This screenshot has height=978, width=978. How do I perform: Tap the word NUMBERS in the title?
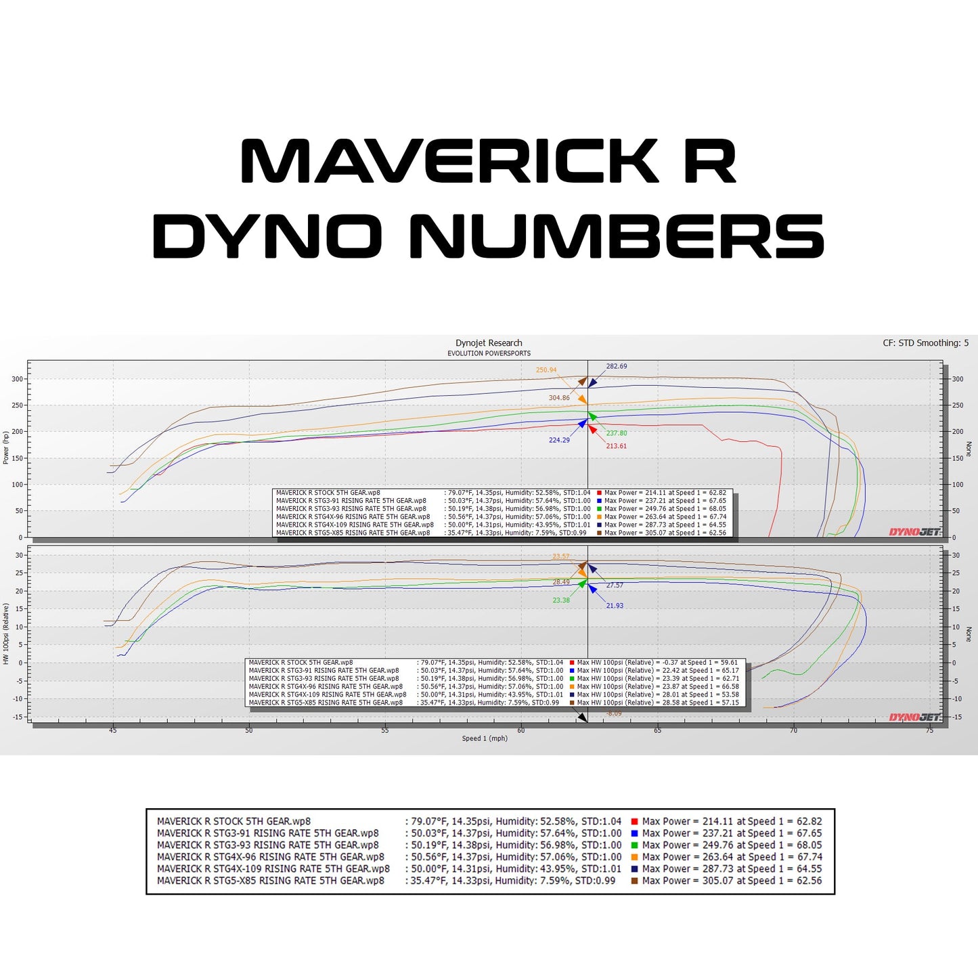click(617, 236)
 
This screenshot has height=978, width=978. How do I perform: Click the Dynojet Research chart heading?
click(489, 343)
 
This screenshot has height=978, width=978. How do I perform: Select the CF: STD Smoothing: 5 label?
click(925, 343)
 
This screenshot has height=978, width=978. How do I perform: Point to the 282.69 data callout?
click(616, 366)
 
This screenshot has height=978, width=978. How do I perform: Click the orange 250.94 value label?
click(546, 370)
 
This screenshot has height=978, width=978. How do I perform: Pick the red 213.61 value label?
click(616, 446)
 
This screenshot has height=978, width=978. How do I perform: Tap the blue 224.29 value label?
click(559, 440)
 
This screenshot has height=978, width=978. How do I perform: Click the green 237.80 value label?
click(616, 433)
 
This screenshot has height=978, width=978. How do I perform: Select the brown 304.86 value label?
click(559, 398)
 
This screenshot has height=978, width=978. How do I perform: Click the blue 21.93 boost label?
click(615, 606)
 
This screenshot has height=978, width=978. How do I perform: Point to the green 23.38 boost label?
click(561, 600)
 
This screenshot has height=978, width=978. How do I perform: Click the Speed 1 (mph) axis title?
click(485, 738)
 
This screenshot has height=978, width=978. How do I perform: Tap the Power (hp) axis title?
click(6, 447)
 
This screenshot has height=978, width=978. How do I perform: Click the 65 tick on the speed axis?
click(657, 730)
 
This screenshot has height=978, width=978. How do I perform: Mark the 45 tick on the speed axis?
click(113, 730)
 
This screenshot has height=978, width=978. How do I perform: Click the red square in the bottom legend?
click(634, 822)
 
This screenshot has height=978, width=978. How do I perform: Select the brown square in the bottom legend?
click(634, 881)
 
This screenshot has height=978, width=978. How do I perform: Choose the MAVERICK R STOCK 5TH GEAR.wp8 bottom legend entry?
click(234, 822)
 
